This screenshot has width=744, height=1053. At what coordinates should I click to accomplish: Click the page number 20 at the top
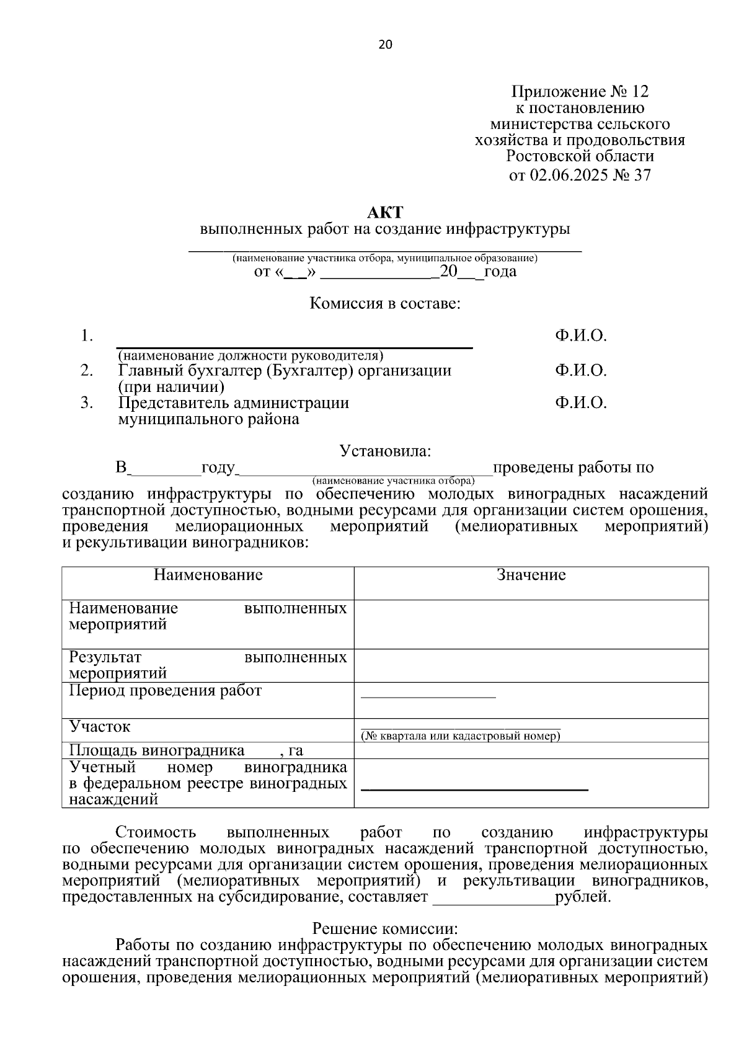(384, 45)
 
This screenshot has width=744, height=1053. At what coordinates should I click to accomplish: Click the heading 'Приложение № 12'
(580, 92)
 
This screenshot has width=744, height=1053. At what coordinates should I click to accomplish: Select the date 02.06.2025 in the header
(569, 175)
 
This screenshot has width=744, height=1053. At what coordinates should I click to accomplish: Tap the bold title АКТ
(384, 213)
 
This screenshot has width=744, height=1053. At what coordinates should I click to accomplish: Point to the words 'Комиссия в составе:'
(384, 304)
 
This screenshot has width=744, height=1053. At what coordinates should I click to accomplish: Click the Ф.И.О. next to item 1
(580, 336)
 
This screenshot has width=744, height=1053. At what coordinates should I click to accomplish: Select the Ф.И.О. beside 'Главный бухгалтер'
(580, 371)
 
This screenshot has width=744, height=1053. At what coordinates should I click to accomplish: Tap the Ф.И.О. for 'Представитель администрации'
(580, 403)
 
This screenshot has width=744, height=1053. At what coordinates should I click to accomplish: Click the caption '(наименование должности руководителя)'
(250, 356)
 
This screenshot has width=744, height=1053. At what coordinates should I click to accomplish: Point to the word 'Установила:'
(384, 451)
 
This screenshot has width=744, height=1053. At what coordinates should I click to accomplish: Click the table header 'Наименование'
(208, 575)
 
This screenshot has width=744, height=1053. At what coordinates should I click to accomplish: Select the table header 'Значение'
(531, 575)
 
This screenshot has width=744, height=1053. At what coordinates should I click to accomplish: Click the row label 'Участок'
(100, 727)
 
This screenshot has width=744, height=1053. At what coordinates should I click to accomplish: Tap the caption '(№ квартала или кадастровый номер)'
(461, 736)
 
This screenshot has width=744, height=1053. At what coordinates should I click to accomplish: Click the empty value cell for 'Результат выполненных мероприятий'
(531, 665)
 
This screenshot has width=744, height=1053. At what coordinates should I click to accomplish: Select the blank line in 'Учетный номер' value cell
(474, 789)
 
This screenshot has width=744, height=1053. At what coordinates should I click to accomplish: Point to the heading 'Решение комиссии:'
(384, 929)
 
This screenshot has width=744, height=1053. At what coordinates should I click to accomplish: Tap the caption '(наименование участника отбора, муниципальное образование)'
(384, 258)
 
